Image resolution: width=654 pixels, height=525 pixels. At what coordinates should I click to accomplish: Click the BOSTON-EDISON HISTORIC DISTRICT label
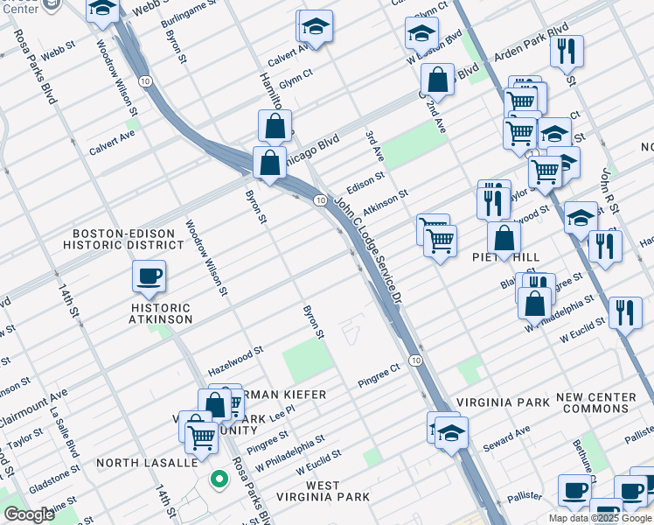[x=129, y=240]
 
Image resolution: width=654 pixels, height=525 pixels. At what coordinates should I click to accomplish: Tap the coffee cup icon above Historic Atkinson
[x=149, y=277]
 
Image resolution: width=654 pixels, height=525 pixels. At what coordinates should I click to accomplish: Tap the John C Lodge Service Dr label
[x=366, y=249]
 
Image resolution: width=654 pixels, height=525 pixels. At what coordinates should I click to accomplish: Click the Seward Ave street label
[x=506, y=438]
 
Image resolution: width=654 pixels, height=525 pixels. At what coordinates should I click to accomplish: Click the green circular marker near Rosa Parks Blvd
[x=218, y=479]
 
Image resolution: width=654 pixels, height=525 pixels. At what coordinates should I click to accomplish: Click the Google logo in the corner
[x=29, y=514]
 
